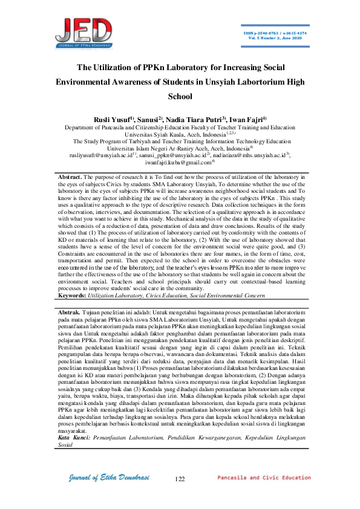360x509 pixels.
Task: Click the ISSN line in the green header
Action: pyautogui.click(x=275, y=32)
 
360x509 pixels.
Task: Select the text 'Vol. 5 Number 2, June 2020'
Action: pyautogui.click(x=275, y=37)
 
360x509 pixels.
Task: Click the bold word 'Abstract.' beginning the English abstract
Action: pyautogui.click(x=68, y=175)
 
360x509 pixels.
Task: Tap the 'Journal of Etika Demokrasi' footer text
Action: pyautogui.click(x=106, y=478)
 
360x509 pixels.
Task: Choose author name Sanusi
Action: pyautogui.click(x=151, y=120)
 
